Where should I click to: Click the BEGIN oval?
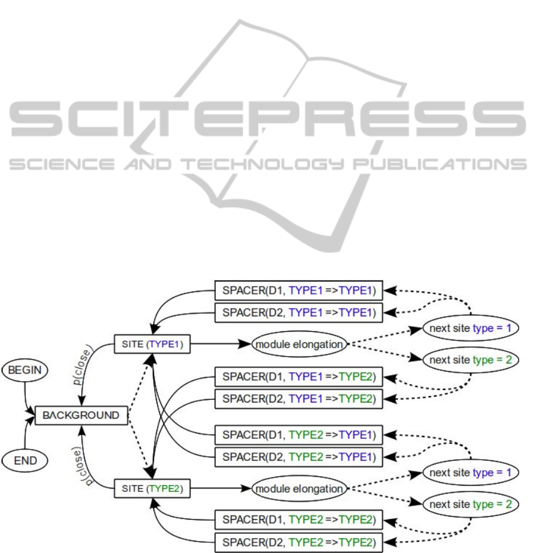[x=24, y=370]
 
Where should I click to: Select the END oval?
[x=24, y=460]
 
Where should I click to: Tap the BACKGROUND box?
[x=81, y=415]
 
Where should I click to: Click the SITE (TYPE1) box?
[x=152, y=344]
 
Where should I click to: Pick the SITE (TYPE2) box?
[x=152, y=489]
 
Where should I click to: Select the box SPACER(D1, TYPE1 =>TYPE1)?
[x=298, y=291]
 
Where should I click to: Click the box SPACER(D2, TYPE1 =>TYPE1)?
[x=298, y=312]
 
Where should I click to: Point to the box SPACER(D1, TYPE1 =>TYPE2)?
[x=298, y=376]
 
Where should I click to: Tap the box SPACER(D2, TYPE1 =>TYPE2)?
[x=298, y=398]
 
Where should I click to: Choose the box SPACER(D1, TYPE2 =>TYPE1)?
[x=298, y=435]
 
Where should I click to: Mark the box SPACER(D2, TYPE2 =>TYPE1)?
[x=298, y=456]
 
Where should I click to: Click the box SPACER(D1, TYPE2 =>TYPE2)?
[x=298, y=520]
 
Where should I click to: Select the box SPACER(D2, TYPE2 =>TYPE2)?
[x=298, y=541]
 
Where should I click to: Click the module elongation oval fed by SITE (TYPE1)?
[x=299, y=344]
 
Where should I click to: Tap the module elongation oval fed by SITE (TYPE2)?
[x=299, y=489]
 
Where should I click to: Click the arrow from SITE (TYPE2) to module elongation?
[x=220, y=489]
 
